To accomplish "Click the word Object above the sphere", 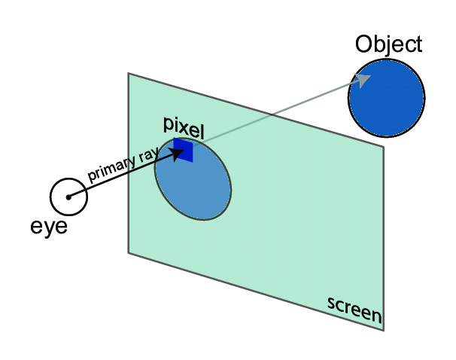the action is click(388, 45).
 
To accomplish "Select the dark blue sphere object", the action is click(387, 98).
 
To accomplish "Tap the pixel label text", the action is click(184, 128).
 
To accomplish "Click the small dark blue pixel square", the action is click(183, 150).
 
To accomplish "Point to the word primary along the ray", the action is click(111, 169).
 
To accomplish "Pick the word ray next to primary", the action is click(148, 156).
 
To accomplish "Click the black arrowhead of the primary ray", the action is click(177, 154).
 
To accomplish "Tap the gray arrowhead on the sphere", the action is click(362, 79).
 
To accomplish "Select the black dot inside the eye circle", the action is click(68, 197).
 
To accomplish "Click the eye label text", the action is click(49, 227).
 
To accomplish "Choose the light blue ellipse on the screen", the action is click(193, 179).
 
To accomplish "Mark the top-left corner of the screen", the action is click(129, 73).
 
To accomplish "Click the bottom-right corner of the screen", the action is click(384, 331).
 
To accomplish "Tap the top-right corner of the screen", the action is click(384, 147).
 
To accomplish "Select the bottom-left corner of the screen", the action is click(129, 253).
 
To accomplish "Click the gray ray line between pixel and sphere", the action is click(278, 111).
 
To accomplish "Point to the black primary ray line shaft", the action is click(122, 175).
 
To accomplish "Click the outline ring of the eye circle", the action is click(68, 178).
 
